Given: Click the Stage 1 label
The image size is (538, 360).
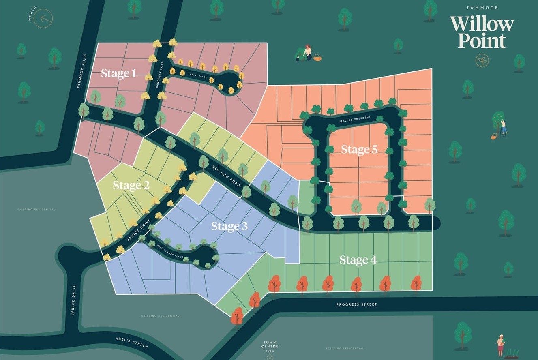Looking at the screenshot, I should (118, 73).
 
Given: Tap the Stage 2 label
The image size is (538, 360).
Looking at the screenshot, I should (131, 185).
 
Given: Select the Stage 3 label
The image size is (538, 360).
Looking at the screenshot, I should (229, 226).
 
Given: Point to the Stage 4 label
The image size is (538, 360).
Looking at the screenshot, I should (358, 260).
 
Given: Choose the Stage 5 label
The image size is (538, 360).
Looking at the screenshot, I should (359, 149).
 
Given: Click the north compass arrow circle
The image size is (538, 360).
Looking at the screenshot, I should (43, 18).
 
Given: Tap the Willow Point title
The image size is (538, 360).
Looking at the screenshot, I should (481, 32).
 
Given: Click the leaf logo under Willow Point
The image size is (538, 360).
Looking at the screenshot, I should (482, 61).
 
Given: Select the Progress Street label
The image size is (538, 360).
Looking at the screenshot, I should (356, 304).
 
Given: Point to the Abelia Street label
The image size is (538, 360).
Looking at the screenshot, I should (132, 342).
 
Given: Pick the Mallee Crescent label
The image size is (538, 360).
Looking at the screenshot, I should (356, 119).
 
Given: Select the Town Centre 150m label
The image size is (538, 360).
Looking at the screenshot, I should (270, 347).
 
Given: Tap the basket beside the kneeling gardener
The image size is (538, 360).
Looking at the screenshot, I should (317, 58).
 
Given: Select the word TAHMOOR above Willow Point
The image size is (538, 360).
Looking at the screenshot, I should (482, 7).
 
